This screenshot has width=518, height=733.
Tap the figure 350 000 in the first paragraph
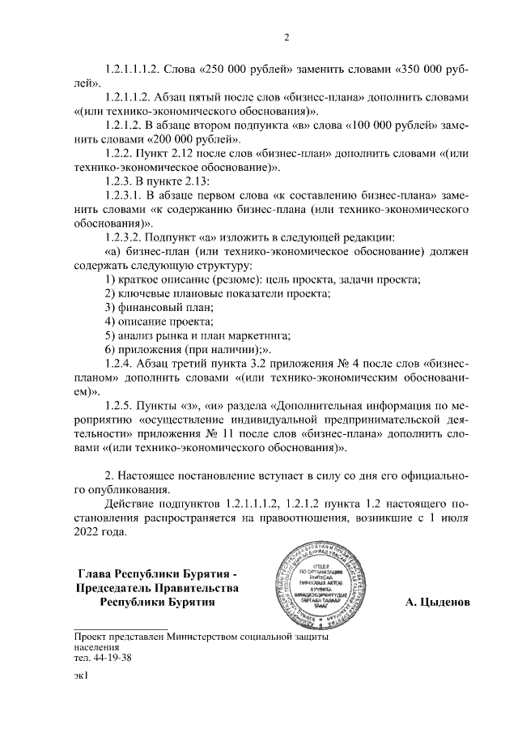point(425,68)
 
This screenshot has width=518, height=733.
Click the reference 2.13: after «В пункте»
point(196,182)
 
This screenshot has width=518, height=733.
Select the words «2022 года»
point(100,532)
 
